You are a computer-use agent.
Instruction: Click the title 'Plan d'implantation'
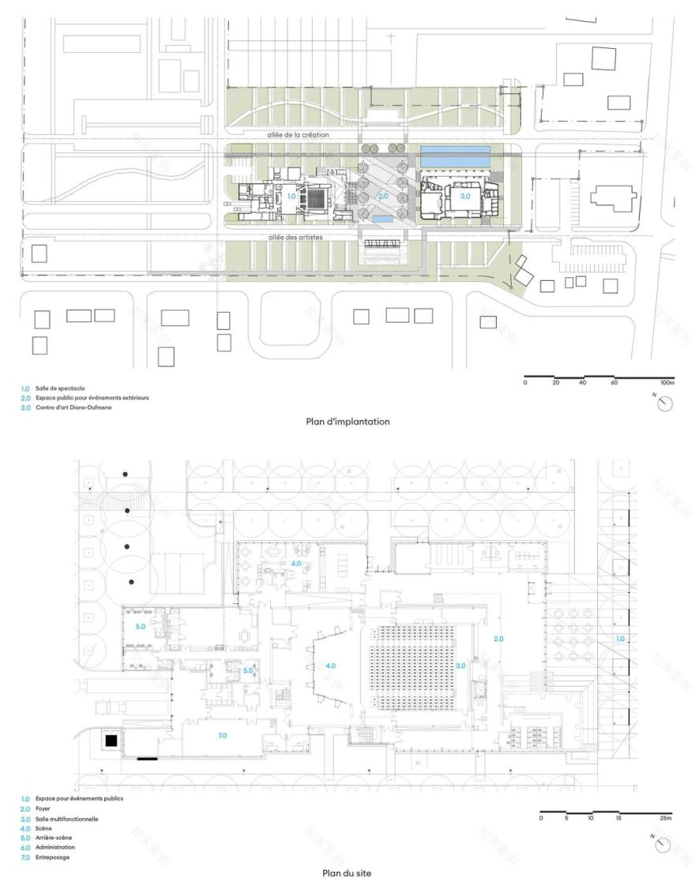point(347,422)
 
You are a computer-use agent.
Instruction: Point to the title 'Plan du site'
point(347,873)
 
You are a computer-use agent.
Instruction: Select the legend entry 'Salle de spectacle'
point(59,389)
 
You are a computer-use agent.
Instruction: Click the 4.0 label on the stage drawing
point(330,666)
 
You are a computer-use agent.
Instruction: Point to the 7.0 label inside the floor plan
point(222,735)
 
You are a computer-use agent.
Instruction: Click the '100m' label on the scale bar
point(667,382)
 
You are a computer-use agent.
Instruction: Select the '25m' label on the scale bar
point(665,818)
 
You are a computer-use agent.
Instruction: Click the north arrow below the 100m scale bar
point(666,403)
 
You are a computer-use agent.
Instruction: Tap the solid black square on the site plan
point(111,740)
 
